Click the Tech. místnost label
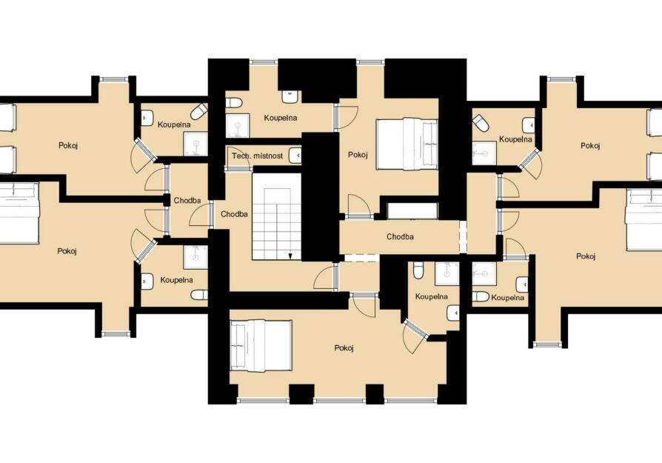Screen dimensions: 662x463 (257, 156)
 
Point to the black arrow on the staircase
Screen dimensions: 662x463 (290, 256)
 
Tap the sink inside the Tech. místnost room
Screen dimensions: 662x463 (295, 156)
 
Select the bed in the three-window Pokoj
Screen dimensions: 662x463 (261, 346)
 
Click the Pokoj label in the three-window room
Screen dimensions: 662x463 (344, 348)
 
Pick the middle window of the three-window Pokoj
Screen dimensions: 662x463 (340, 400)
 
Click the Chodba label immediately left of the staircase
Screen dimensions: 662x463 (234, 214)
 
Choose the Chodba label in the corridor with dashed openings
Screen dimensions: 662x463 (400, 236)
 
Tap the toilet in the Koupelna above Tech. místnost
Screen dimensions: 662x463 (233, 103)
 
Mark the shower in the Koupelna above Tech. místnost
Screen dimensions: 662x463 (238, 126)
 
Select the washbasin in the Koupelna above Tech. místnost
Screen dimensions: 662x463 (290, 96)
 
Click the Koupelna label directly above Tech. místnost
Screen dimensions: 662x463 (281, 118)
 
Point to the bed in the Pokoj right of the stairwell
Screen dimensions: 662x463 (407, 144)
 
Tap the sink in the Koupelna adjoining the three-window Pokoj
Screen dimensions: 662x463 (453, 313)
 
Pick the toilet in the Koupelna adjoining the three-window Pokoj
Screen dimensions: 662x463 (418, 270)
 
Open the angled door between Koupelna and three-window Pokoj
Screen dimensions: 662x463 (416, 336)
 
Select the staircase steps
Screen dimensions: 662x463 (276, 216)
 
